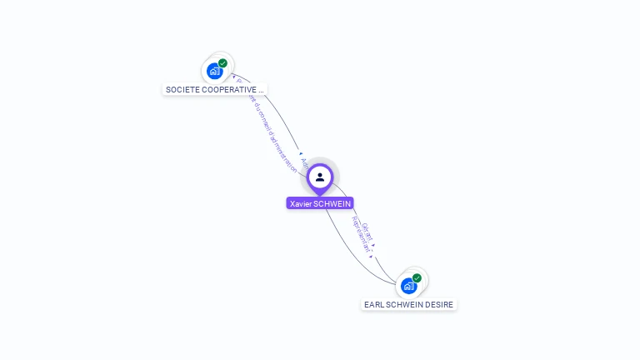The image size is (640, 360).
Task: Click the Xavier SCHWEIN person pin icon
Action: click(x=320, y=177)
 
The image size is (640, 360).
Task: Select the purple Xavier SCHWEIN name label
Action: click(x=320, y=203)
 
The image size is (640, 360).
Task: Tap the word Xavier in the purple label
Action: click(x=301, y=203)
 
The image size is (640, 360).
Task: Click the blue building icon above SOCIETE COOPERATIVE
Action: click(x=214, y=72)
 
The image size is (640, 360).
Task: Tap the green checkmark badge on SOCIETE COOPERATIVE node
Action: click(x=222, y=63)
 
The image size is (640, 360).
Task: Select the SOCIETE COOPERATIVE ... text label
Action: click(x=215, y=89)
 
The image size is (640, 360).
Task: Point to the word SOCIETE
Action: click(x=182, y=89)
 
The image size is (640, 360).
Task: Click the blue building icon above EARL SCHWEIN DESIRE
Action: click(x=408, y=287)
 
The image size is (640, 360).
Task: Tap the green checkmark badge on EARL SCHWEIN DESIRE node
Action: click(x=417, y=278)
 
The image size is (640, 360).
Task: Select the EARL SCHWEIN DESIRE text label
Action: click(x=408, y=305)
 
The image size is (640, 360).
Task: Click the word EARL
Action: click(x=373, y=305)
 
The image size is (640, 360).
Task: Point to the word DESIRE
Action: click(x=440, y=305)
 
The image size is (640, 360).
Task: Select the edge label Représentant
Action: click(x=362, y=236)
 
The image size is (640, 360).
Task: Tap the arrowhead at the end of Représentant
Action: click(x=370, y=257)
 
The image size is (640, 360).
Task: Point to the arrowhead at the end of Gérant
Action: click(x=374, y=245)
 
